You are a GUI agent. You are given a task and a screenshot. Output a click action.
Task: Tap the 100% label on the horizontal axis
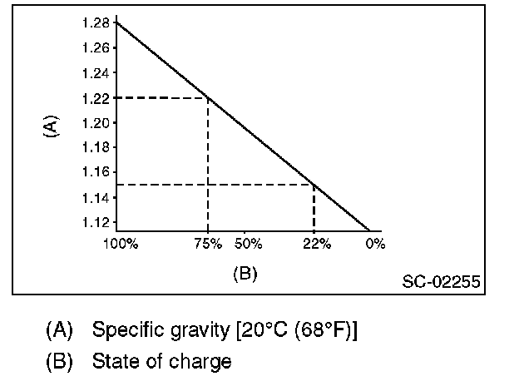(121, 245)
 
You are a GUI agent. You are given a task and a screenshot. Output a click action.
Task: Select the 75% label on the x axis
(208, 245)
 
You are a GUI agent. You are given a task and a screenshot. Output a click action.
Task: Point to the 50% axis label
(248, 245)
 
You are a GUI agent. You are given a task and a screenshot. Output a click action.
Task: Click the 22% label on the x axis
(316, 245)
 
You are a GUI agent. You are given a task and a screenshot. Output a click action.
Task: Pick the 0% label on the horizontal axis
(375, 245)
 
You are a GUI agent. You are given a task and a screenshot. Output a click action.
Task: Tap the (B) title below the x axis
(244, 274)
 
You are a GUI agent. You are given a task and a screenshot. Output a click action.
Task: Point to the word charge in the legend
(205, 362)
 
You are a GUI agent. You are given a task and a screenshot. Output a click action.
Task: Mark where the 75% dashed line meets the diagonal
(208, 98)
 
